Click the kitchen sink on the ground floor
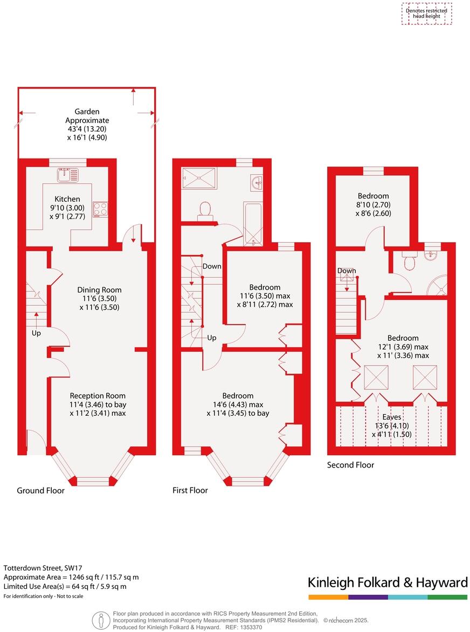[x=69, y=174]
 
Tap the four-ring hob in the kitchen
[x=100, y=209]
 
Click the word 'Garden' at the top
[x=87, y=112]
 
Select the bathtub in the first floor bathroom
[x=252, y=223]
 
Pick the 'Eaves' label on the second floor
[x=391, y=417]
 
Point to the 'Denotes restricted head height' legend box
[x=426, y=13]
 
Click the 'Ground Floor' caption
[x=40, y=490]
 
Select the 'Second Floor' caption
[x=350, y=465]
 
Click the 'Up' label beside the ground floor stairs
[x=36, y=333]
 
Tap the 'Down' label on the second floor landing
[x=347, y=270]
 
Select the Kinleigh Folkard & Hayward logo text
[x=387, y=582]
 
